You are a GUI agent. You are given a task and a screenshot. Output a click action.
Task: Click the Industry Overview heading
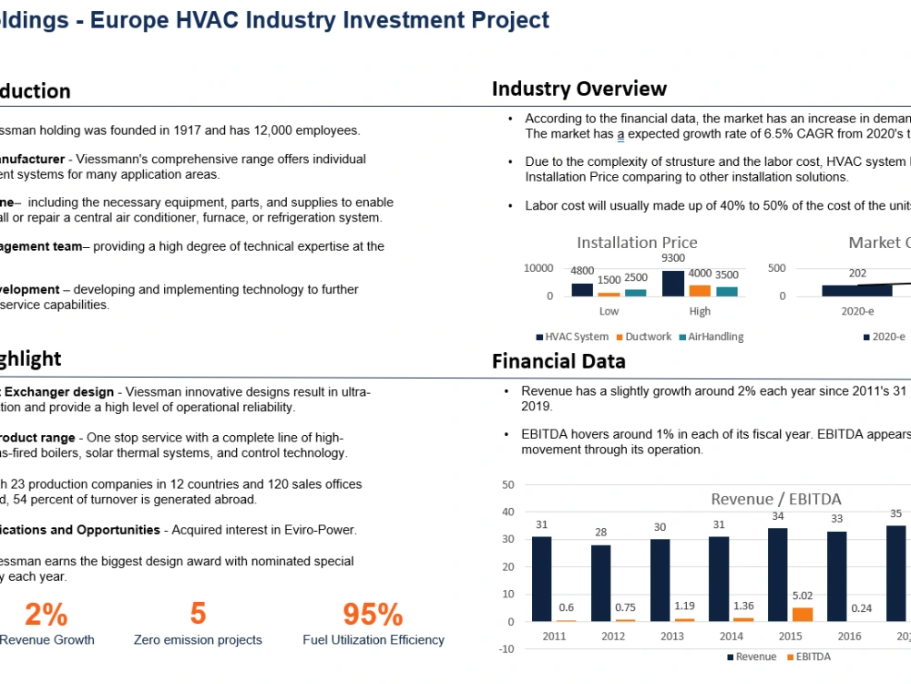tap(579, 88)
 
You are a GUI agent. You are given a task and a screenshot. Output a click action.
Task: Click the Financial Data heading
tap(558, 361)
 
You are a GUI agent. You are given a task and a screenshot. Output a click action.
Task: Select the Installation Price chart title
tap(637, 243)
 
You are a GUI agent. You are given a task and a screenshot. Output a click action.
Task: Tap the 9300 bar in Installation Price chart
tap(673, 284)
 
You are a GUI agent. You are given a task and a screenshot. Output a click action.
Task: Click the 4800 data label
tap(582, 271)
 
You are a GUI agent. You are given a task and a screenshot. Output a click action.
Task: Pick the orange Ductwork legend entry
tap(645, 337)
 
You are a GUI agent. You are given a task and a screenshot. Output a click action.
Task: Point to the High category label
tap(700, 311)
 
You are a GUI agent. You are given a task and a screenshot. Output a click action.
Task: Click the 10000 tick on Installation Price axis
tap(537, 268)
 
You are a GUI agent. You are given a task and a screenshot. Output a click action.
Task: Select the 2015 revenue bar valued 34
tap(777, 575)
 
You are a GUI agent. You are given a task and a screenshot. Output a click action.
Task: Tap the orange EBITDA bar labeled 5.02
tap(802, 614)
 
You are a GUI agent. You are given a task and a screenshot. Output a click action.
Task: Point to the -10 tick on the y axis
tap(507, 649)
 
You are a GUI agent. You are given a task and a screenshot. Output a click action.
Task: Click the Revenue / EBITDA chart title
tap(776, 499)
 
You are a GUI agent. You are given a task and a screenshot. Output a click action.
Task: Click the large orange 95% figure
tap(373, 614)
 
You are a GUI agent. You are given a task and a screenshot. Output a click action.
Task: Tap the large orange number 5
tap(198, 614)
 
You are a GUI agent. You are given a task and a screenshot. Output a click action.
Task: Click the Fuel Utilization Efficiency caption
tap(374, 640)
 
